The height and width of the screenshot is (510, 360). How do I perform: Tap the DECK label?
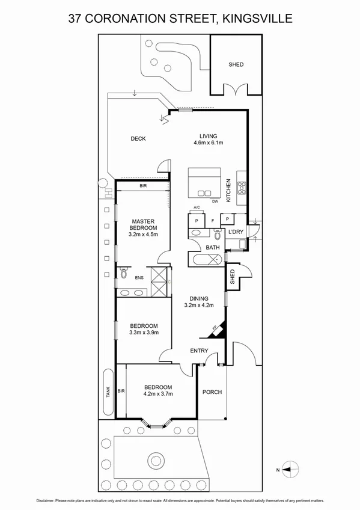[138, 139]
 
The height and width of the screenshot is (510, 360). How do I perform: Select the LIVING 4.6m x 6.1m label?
[209, 140]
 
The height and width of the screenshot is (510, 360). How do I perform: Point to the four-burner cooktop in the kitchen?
[242, 188]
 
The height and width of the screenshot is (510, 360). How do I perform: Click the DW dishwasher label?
[215, 201]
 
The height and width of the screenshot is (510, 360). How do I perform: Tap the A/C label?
[196, 209]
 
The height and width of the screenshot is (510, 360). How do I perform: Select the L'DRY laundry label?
[235, 232]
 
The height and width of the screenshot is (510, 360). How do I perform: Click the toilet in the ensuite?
[123, 274]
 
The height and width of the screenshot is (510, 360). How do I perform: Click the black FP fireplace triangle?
[220, 329]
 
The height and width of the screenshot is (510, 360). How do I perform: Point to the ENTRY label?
[199, 351]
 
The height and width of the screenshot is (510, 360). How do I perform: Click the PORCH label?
[212, 392]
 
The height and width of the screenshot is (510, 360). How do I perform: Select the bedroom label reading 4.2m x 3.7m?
[158, 390]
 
